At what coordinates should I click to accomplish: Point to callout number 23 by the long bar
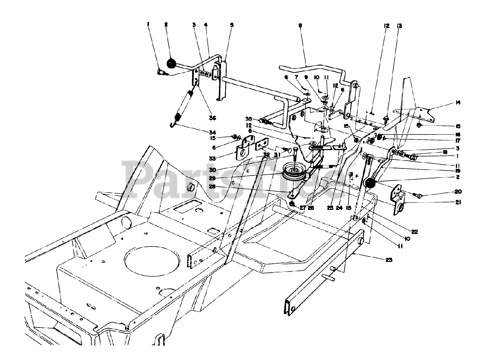389,261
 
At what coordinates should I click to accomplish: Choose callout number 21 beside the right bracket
458,202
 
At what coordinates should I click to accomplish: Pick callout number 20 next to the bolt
458,192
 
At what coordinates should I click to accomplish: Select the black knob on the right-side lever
370,183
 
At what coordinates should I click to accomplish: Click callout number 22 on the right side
414,232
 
